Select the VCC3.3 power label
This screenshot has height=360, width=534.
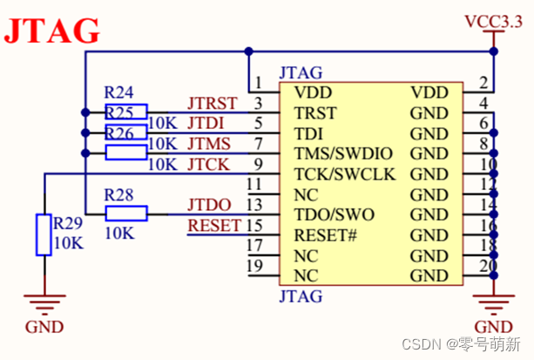[x=494, y=21]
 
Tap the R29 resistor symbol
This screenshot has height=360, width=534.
[x=44, y=234]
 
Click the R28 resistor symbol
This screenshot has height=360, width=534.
[x=125, y=214]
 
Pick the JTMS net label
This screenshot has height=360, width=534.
[x=210, y=144]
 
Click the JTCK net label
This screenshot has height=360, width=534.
[x=210, y=164]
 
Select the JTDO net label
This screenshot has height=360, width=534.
[x=209, y=206]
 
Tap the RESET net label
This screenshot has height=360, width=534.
[x=214, y=225]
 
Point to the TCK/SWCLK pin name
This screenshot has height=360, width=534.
[x=345, y=174]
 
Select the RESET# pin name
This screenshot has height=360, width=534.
[x=327, y=235]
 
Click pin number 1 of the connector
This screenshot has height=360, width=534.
[x=259, y=85]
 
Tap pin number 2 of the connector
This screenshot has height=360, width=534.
[x=483, y=85]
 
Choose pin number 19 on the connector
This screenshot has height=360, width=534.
[x=255, y=267]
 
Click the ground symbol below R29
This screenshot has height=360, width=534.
[x=44, y=305]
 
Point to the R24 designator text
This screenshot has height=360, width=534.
[x=119, y=92]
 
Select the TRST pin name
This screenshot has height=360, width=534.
[x=315, y=113]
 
